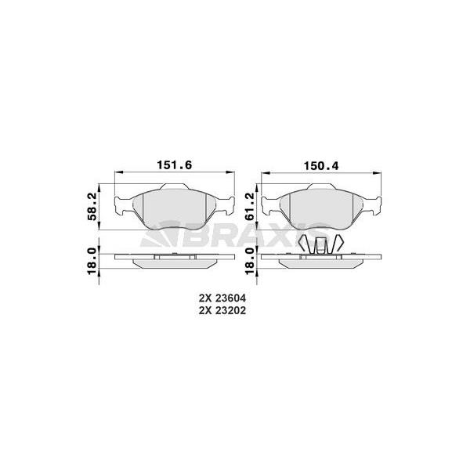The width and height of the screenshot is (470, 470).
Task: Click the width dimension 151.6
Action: click(x=175, y=164)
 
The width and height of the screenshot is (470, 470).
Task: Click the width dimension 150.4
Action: click(x=320, y=164)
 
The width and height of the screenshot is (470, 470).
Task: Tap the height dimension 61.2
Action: click(x=249, y=206)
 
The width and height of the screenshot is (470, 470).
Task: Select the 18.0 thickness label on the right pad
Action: click(x=249, y=260)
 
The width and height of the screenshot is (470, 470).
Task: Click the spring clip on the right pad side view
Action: click(x=320, y=245)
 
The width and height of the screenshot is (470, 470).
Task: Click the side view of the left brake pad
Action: click(x=174, y=258)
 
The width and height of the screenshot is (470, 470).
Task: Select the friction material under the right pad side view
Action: click(x=320, y=263)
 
